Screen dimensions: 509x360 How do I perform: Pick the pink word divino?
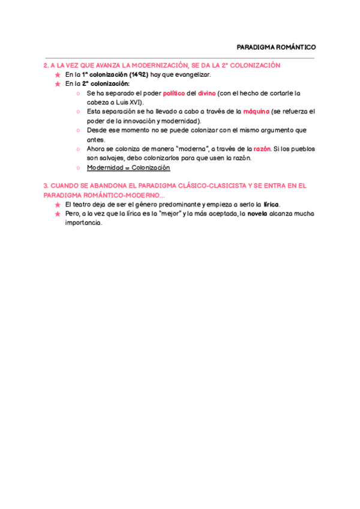[x=206, y=93]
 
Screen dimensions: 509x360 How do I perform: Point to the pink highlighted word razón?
[x=263, y=149]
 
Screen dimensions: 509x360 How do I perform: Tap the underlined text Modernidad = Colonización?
[x=128, y=167]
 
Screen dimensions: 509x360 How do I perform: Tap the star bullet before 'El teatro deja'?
[x=57, y=205]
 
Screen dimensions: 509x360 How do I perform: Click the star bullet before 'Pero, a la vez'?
[x=57, y=214]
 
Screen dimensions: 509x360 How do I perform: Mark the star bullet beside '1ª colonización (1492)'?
[x=57, y=74]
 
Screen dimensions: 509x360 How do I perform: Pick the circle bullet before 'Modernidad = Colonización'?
[x=79, y=167]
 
